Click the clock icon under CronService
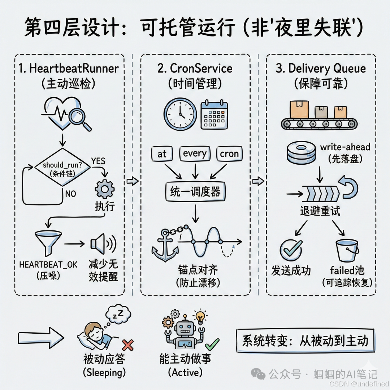[x=180, y=113]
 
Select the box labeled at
[x=162, y=154]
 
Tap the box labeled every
[x=194, y=154]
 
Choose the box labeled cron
[x=229, y=154]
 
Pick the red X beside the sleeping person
[x=127, y=346]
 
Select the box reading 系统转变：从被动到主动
[x=305, y=341]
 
